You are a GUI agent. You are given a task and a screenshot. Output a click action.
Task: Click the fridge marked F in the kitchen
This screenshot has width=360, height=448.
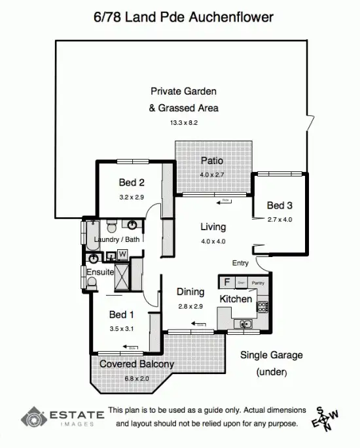tap(226, 282)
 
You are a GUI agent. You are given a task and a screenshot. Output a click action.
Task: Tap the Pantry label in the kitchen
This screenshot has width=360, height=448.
tap(258, 283)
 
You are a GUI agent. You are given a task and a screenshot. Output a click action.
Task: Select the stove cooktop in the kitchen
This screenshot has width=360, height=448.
tap(263, 305)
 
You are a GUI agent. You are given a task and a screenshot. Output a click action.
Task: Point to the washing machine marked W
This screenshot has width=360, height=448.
tap(122, 255)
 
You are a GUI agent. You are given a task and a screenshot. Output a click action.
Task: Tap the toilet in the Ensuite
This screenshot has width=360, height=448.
tap(92, 283)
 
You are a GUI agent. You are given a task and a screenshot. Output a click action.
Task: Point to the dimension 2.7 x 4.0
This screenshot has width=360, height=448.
tap(279, 220)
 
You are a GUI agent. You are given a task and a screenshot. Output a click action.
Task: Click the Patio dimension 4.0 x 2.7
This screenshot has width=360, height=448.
tap(212, 175)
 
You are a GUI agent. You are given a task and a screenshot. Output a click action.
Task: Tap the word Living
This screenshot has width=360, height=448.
tap(213, 227)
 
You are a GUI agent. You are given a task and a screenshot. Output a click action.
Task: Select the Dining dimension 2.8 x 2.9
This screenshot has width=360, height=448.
tap(190, 306)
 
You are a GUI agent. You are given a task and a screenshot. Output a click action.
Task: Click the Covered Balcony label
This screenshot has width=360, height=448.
tap(136, 364)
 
